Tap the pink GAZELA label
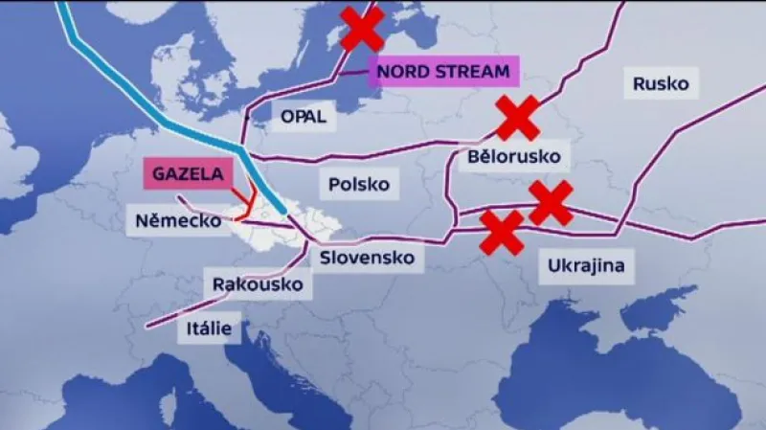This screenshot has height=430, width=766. [x=188, y=174]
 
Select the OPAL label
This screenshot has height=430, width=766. [x=303, y=116]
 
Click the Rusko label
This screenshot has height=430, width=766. [x=661, y=83]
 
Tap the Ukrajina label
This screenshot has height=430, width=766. [x=587, y=264]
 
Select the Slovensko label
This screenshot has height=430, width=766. [x=367, y=258]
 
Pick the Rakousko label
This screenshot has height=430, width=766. [x=258, y=284]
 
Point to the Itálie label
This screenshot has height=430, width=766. [x=209, y=328]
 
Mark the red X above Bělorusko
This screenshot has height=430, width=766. [x=517, y=118]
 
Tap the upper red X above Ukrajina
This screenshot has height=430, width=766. [x=551, y=202]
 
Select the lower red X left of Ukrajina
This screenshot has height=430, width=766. [x=502, y=233]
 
